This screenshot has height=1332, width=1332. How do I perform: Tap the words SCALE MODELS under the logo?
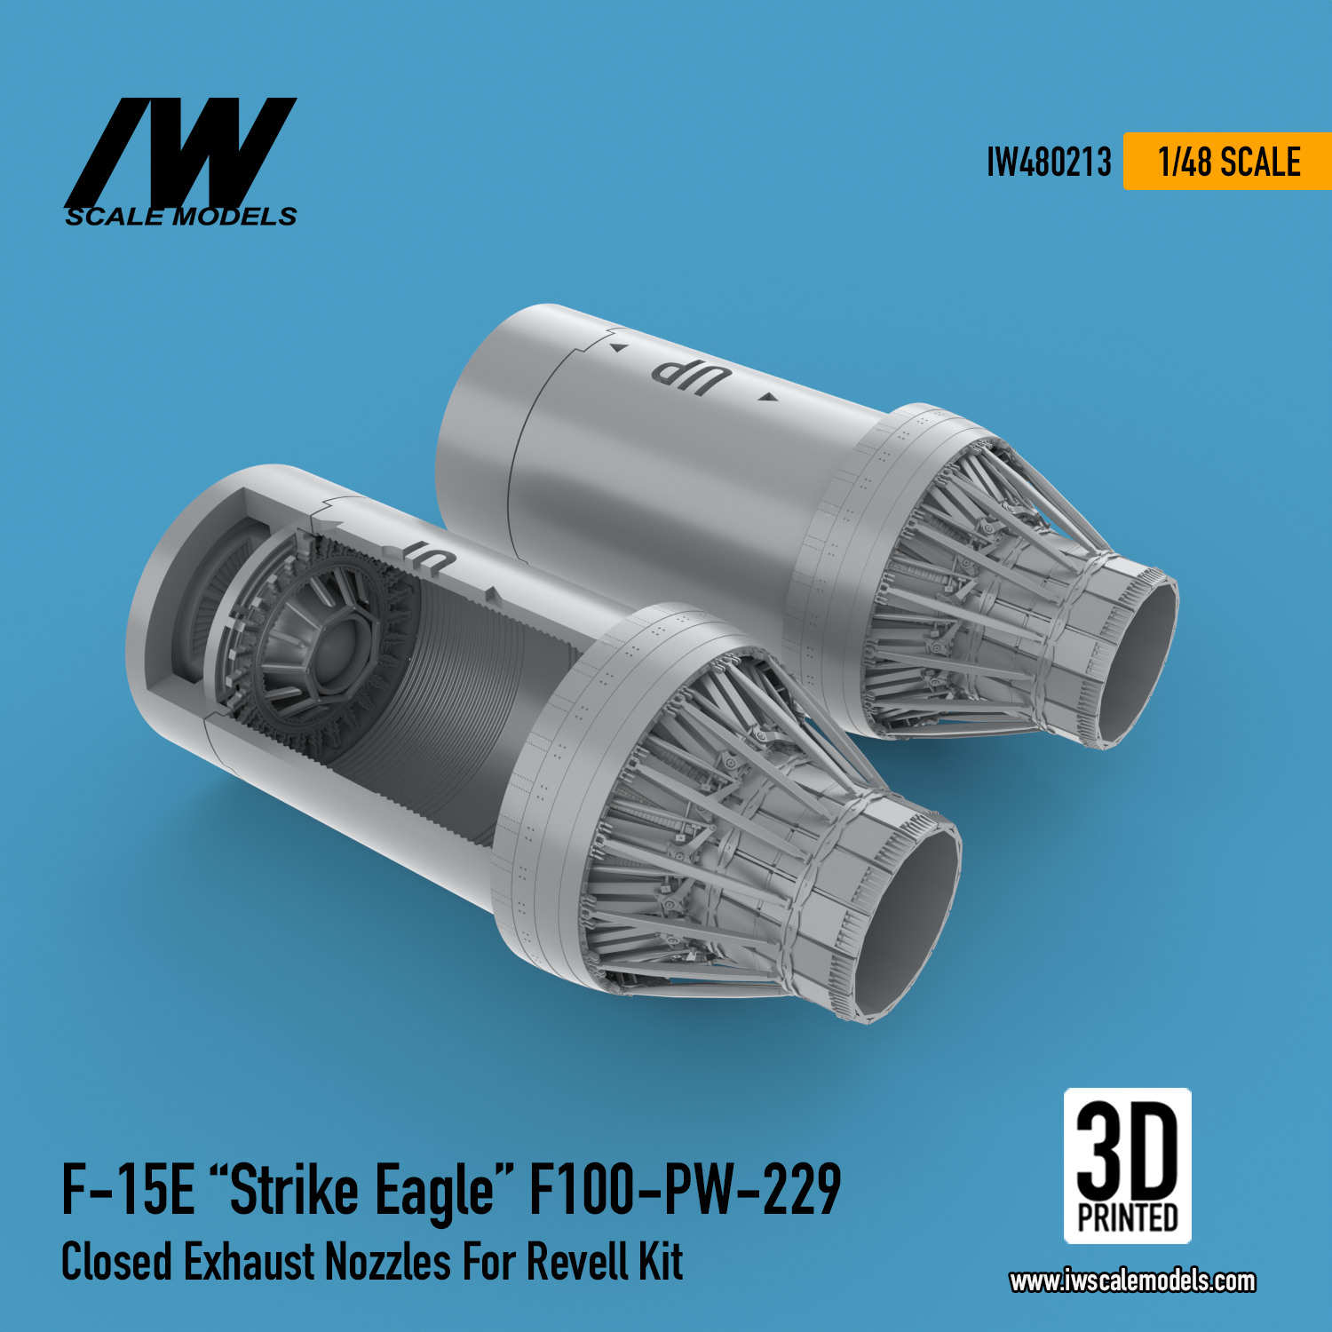tap(180, 217)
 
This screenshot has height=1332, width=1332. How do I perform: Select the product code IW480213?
tap(1049, 163)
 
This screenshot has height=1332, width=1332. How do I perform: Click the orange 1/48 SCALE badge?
tap(1227, 162)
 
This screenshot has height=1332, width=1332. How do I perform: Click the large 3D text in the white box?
tap(1128, 1150)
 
